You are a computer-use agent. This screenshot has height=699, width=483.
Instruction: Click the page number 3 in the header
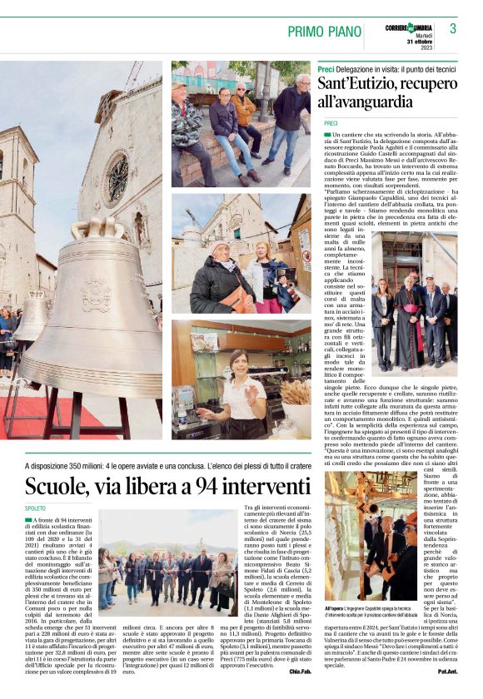[x=453, y=28]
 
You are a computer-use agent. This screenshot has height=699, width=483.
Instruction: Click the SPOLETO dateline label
[x=36, y=508]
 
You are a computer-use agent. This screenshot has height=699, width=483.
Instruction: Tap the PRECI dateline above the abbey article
[x=325, y=122]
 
